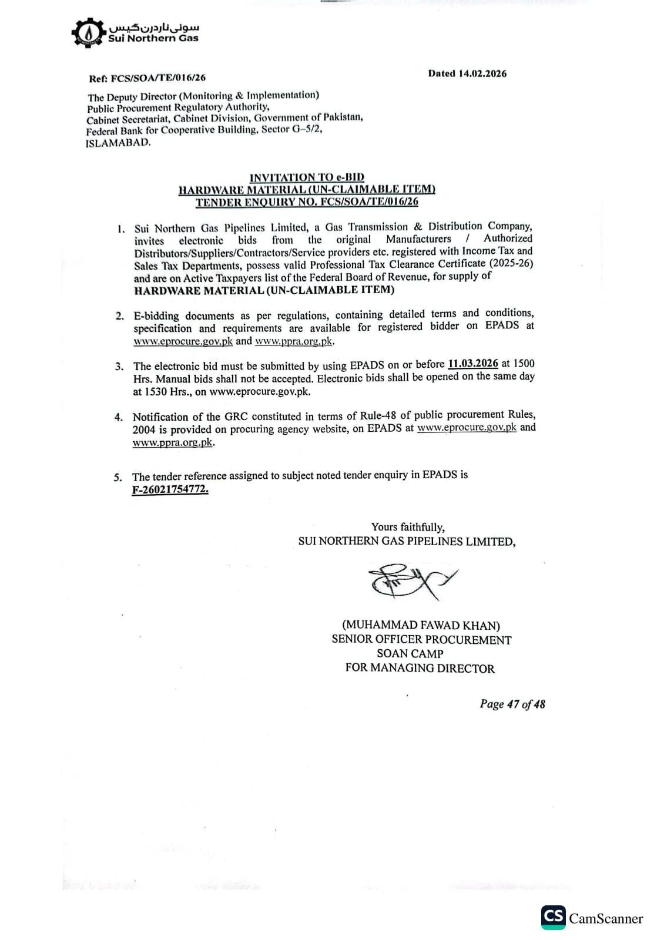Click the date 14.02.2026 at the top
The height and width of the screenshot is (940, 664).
482,73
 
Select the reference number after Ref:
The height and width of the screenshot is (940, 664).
158,78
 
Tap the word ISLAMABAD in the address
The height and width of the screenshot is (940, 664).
118,143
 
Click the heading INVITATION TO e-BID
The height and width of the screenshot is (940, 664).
307,177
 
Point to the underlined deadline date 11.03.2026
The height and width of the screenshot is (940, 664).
472,364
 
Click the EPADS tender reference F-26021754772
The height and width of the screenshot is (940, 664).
170,489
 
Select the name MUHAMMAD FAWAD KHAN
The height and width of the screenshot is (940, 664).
421,625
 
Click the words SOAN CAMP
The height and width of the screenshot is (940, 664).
410,653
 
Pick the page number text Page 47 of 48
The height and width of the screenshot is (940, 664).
512,704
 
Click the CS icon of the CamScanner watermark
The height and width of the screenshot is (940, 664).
553,917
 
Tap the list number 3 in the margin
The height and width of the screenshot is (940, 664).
119,367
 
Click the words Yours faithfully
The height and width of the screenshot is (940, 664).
408,527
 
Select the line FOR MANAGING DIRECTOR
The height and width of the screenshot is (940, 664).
420,668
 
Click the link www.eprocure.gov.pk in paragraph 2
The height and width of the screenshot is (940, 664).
183,341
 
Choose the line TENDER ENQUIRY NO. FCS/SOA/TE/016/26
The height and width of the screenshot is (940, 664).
307,202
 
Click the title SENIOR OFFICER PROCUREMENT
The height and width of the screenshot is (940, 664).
421,639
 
